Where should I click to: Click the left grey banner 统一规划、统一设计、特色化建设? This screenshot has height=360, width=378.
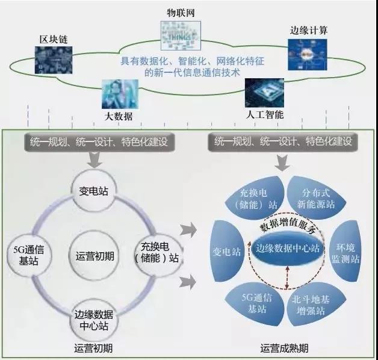coord(95,142)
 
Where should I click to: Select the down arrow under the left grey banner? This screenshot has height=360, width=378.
coord(94,161)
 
